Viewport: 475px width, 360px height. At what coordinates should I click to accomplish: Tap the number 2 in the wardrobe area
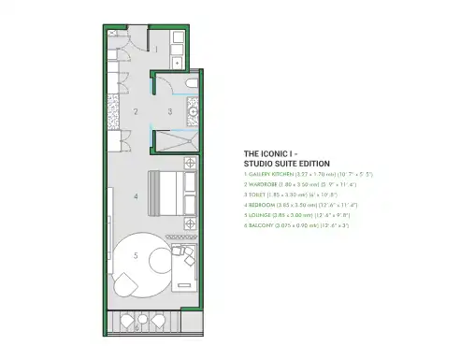point(136,111)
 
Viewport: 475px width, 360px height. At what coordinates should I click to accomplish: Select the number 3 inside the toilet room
point(169,111)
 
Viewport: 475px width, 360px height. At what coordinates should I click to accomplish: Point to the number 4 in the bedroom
point(137,196)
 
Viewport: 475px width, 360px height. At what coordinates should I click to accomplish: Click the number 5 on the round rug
point(137,254)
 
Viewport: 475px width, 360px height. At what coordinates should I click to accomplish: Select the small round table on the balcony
point(138,325)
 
